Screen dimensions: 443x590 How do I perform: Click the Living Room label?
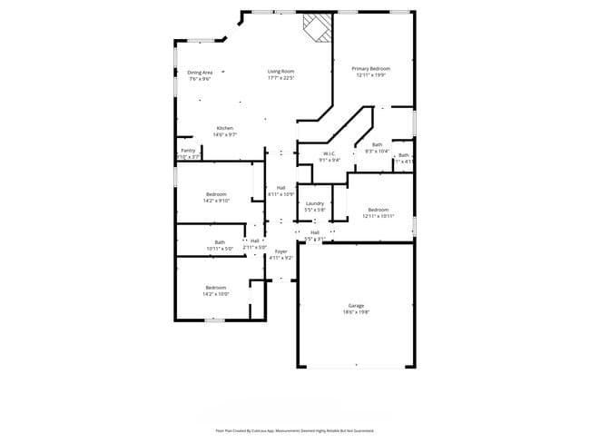(x=280, y=71)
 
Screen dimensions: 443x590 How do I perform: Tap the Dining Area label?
(x=200, y=73)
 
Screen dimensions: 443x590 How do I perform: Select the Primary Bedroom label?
(x=370, y=69)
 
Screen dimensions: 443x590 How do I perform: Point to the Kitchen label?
(x=225, y=128)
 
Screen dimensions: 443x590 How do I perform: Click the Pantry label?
(x=188, y=150)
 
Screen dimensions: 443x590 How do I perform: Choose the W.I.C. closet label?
(x=329, y=153)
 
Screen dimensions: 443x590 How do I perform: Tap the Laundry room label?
(x=315, y=203)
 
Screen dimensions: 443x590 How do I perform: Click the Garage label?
(x=356, y=306)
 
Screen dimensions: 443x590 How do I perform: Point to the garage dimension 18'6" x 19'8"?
(x=356, y=312)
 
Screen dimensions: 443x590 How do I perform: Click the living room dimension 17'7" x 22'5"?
(x=280, y=78)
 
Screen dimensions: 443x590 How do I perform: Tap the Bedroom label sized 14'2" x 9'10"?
(x=216, y=194)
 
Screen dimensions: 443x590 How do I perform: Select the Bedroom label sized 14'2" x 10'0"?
(x=216, y=288)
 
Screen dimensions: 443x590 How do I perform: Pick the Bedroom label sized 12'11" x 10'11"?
(x=378, y=210)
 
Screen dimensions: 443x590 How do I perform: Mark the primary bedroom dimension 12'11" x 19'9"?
(x=370, y=75)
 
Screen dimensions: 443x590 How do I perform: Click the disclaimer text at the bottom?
(x=294, y=430)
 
